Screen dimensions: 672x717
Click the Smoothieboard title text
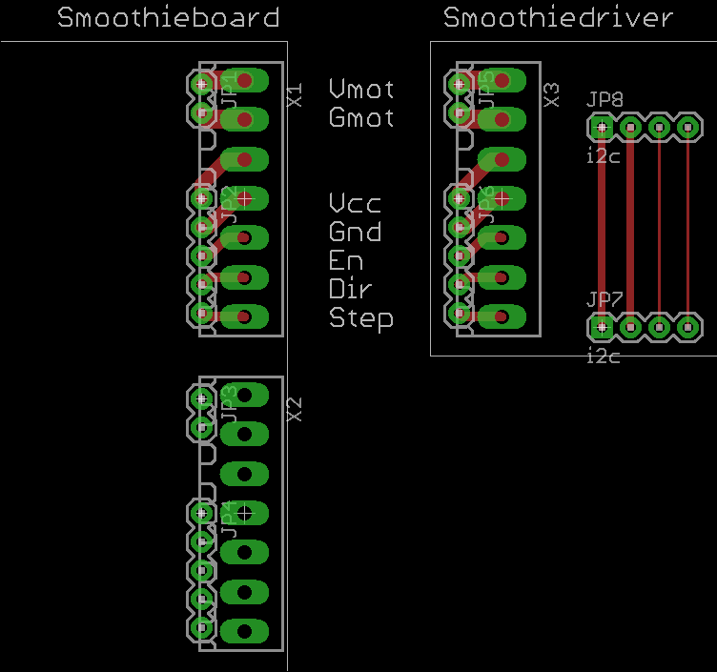click(x=169, y=18)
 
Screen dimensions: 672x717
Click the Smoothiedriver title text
click(x=559, y=18)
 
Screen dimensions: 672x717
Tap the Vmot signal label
click(x=361, y=90)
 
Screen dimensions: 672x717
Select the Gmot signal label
click(x=361, y=118)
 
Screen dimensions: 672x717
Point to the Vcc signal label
click(x=356, y=203)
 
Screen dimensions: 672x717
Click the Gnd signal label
click(x=356, y=232)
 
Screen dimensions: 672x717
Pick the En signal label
click(x=346, y=260)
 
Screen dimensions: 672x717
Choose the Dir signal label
click(x=350, y=288)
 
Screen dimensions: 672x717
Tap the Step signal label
click(x=360, y=317)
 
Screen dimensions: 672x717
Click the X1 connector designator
click(x=295, y=95)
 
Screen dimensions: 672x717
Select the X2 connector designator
click(x=295, y=410)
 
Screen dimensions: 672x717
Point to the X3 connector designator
click(x=551, y=94)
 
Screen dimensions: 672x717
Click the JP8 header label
click(x=605, y=99)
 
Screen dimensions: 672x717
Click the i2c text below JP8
click(x=603, y=154)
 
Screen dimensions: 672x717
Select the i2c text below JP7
click(x=603, y=356)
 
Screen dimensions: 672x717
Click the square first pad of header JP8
click(x=602, y=126)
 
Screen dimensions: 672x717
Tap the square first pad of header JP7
click(x=602, y=327)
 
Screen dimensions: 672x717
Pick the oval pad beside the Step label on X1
click(x=244, y=316)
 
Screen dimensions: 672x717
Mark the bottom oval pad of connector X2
click(x=244, y=630)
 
